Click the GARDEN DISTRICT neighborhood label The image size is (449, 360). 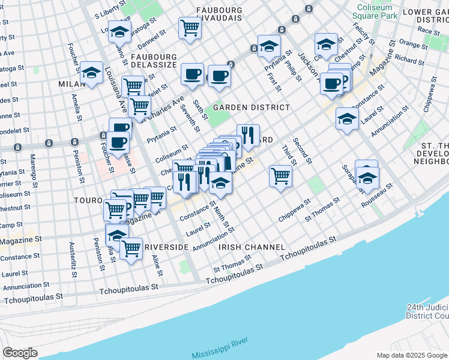click(251, 107)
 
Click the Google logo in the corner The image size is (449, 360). click(20, 353)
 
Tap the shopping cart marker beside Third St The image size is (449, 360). click(280, 176)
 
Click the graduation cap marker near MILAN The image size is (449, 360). click(91, 73)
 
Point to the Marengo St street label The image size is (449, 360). click(34, 170)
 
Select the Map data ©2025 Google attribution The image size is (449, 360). click(412, 355)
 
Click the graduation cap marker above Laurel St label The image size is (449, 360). click(347, 118)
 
